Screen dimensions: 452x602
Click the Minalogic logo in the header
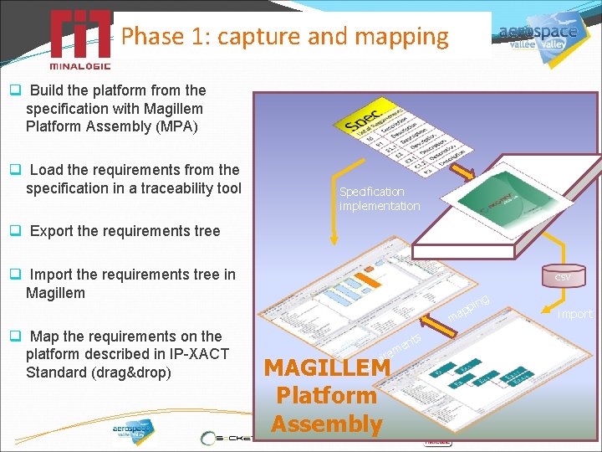[79, 39]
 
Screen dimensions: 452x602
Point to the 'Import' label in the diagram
[574, 314]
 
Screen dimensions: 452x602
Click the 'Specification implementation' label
[380, 198]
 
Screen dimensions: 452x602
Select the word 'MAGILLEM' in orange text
[327, 367]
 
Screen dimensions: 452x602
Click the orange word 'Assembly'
[327, 424]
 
